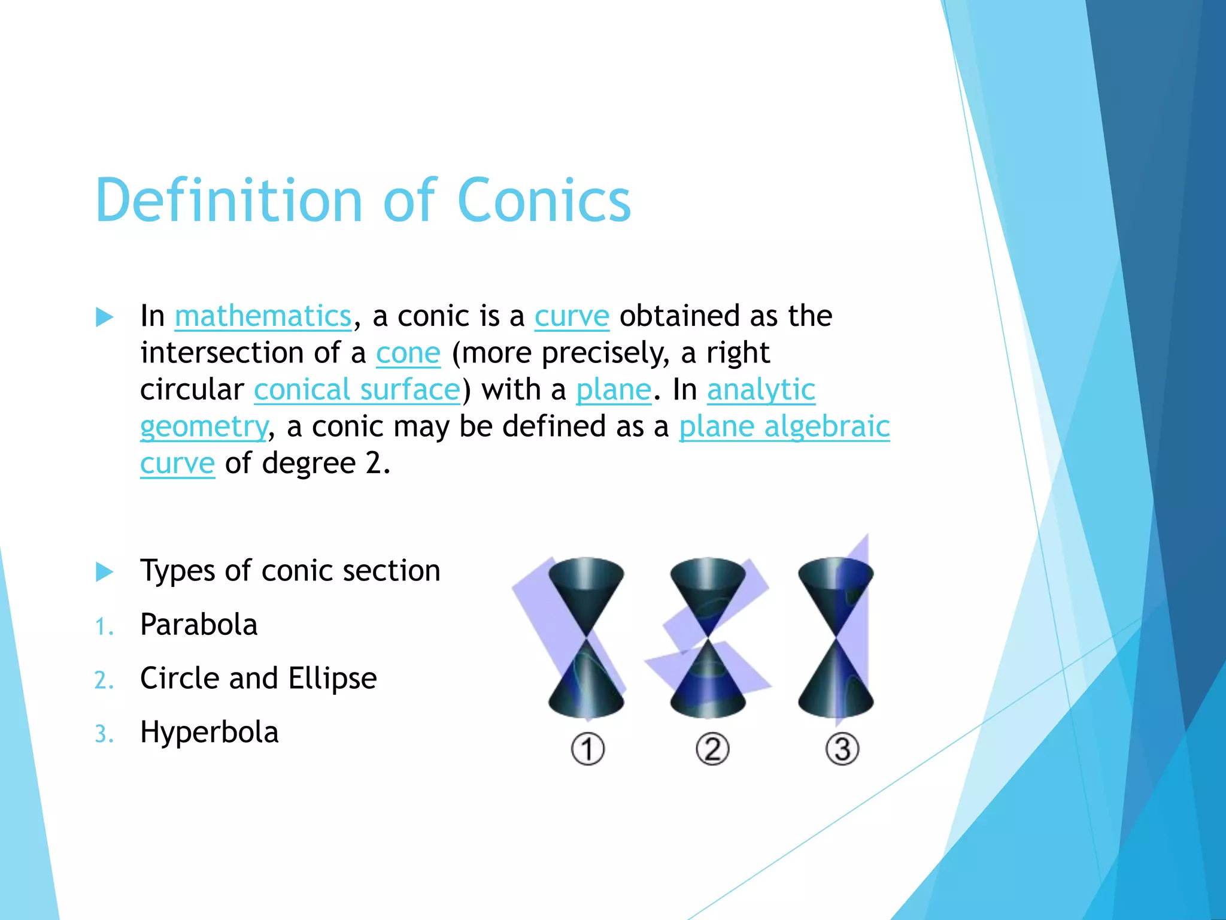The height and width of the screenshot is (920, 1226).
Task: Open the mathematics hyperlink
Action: tap(263, 316)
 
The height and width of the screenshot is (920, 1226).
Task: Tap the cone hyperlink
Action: tap(408, 353)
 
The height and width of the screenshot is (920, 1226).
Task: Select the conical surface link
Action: tap(357, 390)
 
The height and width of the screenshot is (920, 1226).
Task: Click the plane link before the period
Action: tap(613, 390)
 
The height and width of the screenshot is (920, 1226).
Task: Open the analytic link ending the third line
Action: tap(761, 390)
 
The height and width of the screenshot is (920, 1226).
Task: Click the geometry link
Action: tap(204, 427)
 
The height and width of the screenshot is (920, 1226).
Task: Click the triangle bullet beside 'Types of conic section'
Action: tap(105, 571)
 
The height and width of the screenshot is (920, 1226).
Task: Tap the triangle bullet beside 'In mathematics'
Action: tap(105, 317)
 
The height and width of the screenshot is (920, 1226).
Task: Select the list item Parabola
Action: tap(199, 625)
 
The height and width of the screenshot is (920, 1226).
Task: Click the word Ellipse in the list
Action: tap(332, 679)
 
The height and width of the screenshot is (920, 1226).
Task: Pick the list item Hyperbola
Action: tap(209, 733)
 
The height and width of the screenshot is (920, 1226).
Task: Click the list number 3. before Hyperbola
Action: tap(104, 734)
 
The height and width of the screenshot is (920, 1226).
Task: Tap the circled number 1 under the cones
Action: tap(587, 749)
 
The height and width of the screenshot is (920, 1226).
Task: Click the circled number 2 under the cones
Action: tap(712, 749)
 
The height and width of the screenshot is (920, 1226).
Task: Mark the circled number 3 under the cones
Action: tap(842, 749)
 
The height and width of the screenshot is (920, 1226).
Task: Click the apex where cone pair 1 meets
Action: tap(587, 637)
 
